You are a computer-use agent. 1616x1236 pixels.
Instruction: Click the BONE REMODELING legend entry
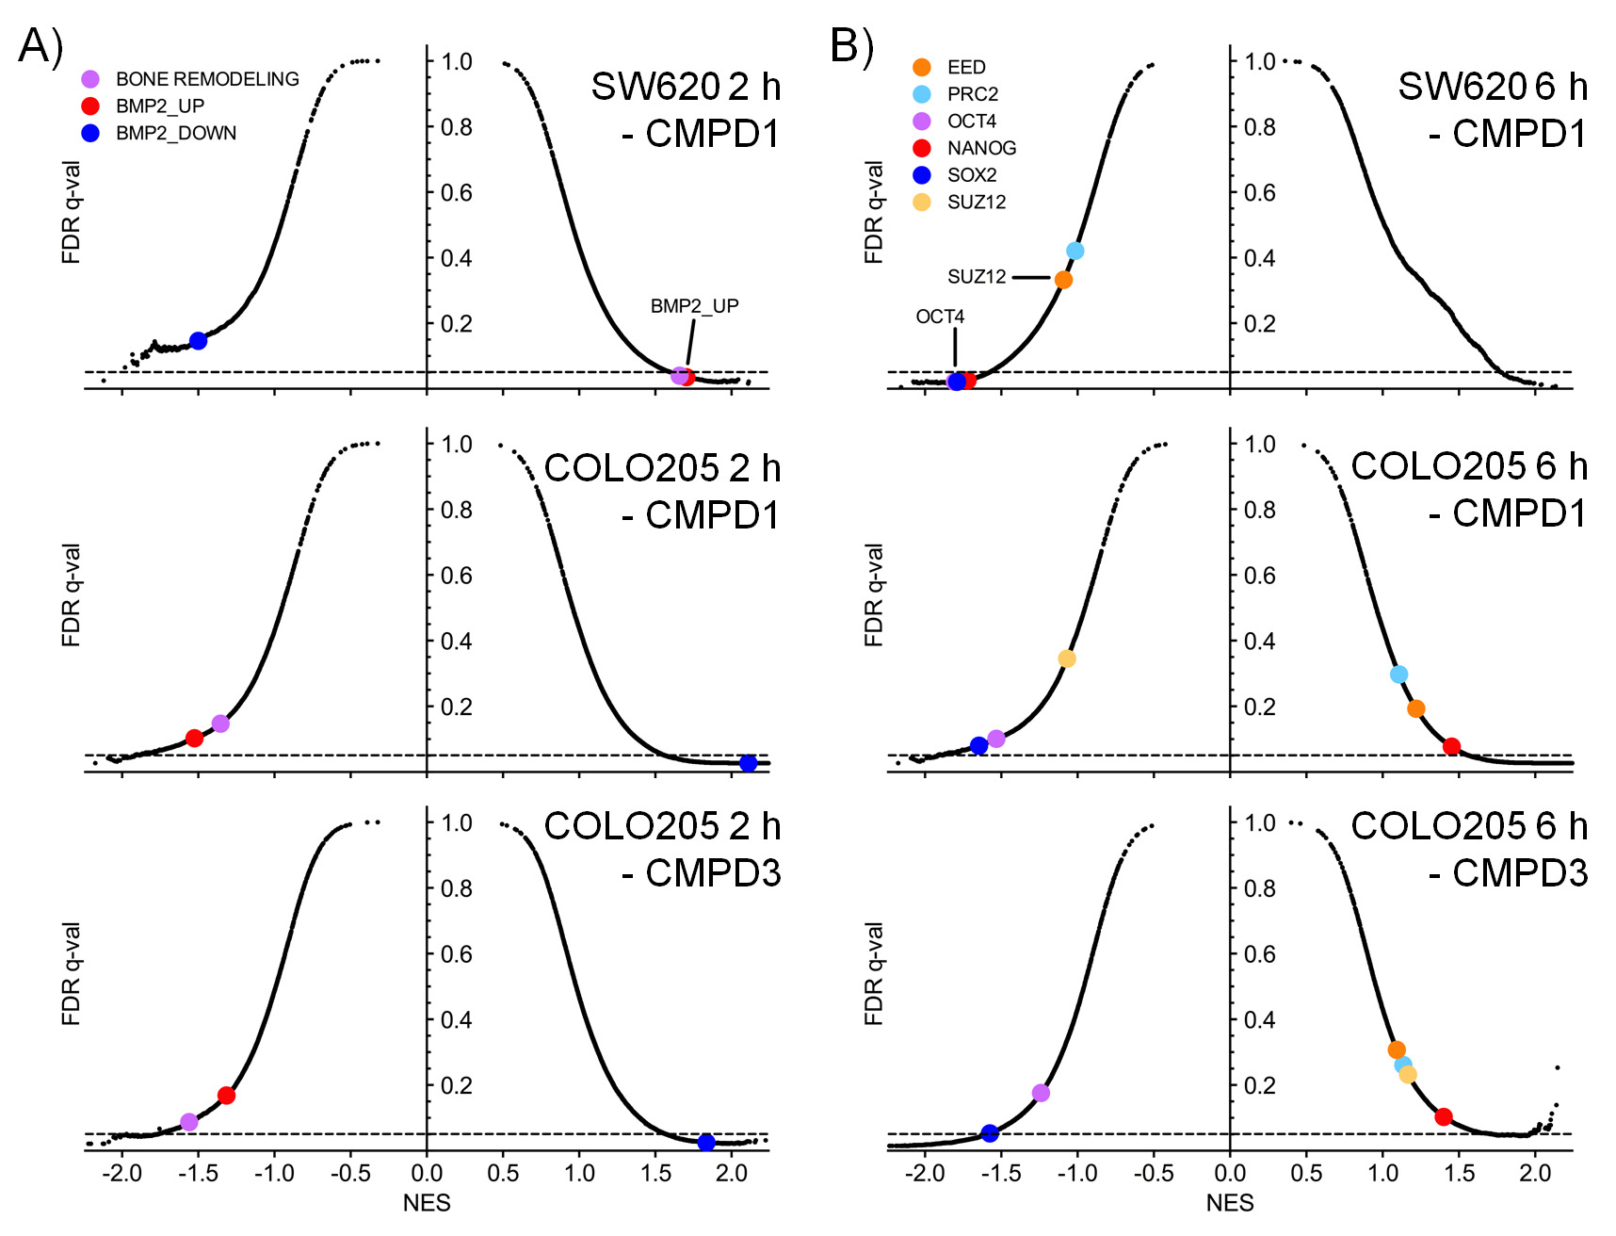[x=206, y=79]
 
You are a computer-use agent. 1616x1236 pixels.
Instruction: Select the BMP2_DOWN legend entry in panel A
[x=175, y=133]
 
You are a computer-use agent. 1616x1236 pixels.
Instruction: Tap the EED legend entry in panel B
[x=965, y=67]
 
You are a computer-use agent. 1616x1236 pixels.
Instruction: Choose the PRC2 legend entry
[x=972, y=94]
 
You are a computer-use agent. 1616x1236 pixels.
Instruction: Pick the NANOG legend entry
[x=980, y=148]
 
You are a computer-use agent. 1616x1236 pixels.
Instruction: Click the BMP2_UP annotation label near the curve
[x=694, y=306]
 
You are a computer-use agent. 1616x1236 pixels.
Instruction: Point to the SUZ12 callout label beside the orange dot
[x=977, y=277]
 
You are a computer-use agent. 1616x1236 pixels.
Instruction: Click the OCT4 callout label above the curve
[x=940, y=317]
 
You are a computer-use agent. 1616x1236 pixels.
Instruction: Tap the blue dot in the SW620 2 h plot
[x=198, y=340]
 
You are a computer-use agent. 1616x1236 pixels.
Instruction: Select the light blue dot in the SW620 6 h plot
[x=1075, y=251]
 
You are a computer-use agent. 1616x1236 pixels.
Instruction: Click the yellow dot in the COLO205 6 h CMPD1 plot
[x=1066, y=659]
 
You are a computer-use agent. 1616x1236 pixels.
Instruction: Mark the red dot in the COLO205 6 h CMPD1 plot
[x=1451, y=746]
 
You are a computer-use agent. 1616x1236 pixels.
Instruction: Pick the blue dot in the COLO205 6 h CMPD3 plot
[x=989, y=1133]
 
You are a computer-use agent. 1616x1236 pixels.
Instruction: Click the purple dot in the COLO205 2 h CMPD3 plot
[x=188, y=1122]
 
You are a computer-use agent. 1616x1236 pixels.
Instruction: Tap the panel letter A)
[x=40, y=45]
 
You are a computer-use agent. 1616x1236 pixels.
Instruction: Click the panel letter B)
[x=851, y=45]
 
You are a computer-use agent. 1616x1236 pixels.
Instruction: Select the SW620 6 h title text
[x=1492, y=87]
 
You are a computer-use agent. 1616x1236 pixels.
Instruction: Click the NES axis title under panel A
[x=427, y=1203]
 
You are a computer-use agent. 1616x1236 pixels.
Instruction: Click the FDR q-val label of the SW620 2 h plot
[x=72, y=212]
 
